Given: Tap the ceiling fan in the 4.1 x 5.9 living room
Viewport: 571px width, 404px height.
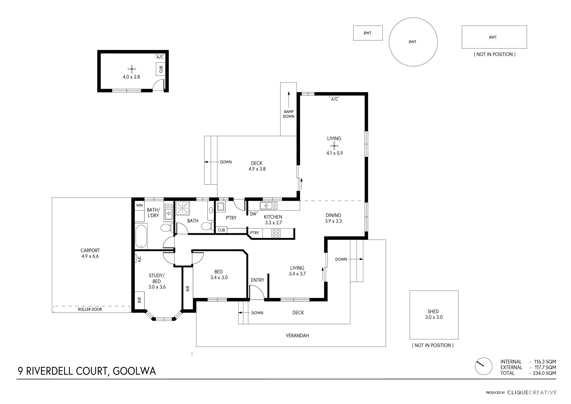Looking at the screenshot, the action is (334, 146).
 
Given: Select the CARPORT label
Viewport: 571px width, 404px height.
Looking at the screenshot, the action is (90, 250).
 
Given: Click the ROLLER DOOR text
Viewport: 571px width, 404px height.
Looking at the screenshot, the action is (90, 309).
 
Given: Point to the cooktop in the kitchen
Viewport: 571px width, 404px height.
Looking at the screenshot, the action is (276, 233).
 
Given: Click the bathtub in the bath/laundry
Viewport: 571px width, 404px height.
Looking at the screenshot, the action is (141, 237).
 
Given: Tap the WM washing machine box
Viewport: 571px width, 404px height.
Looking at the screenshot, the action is (139, 206).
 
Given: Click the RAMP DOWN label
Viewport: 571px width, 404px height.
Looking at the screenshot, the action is (288, 114).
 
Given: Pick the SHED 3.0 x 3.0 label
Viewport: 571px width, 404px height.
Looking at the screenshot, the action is (434, 314).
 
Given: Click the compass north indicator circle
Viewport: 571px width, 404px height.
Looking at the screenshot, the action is (484, 366).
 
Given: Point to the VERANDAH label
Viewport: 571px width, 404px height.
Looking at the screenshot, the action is (297, 336).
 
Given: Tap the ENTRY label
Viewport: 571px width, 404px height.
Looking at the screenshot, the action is (258, 280).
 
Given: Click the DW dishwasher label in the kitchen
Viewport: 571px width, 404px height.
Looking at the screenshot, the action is (253, 214).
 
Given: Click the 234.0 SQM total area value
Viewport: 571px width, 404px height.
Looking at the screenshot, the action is (545, 373).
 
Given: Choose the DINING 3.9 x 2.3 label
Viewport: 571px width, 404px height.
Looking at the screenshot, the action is (333, 218).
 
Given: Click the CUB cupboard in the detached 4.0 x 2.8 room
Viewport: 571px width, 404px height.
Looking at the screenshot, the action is (161, 69).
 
